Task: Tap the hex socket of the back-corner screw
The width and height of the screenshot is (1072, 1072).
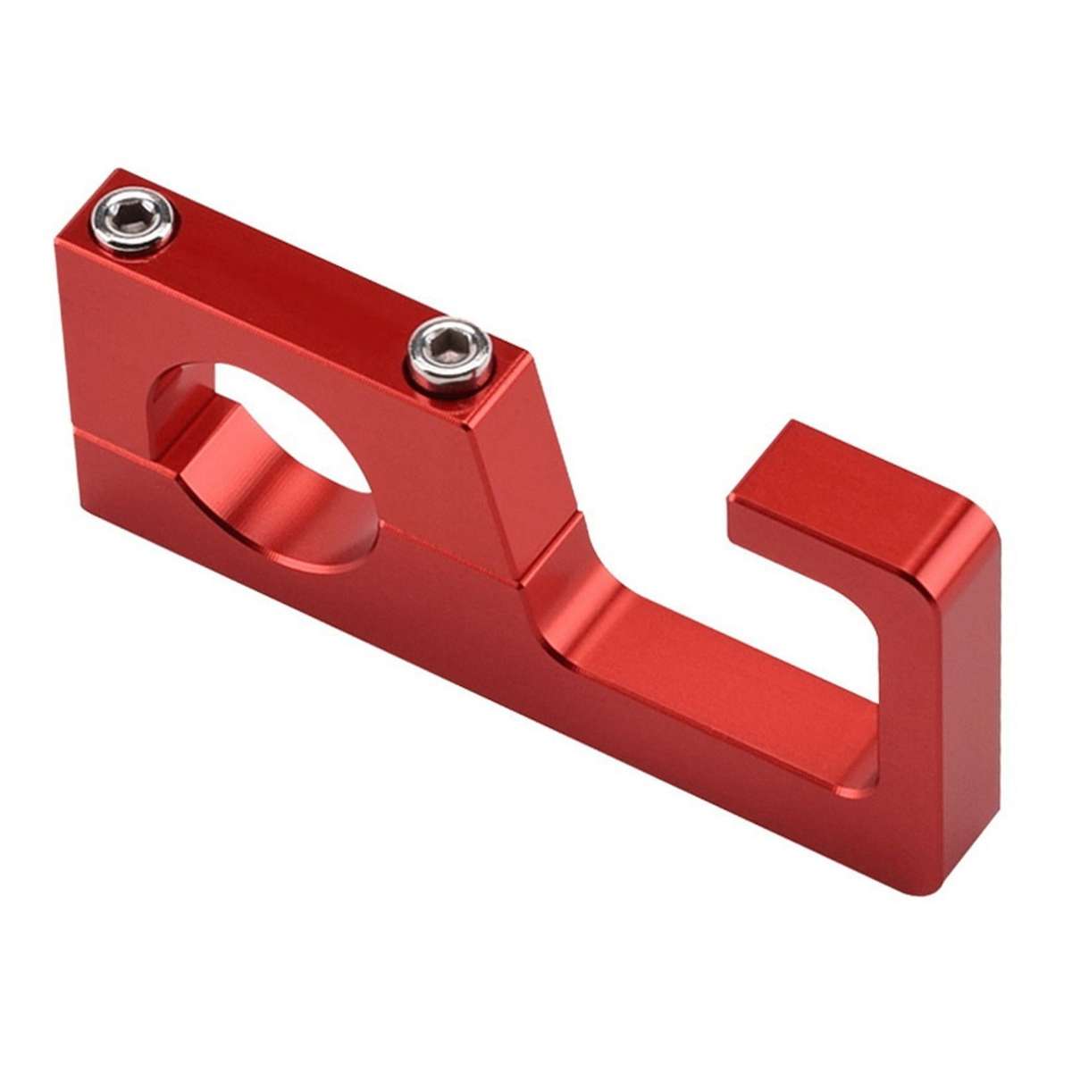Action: tap(136, 214)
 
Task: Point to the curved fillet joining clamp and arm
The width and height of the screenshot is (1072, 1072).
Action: tap(572, 572)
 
